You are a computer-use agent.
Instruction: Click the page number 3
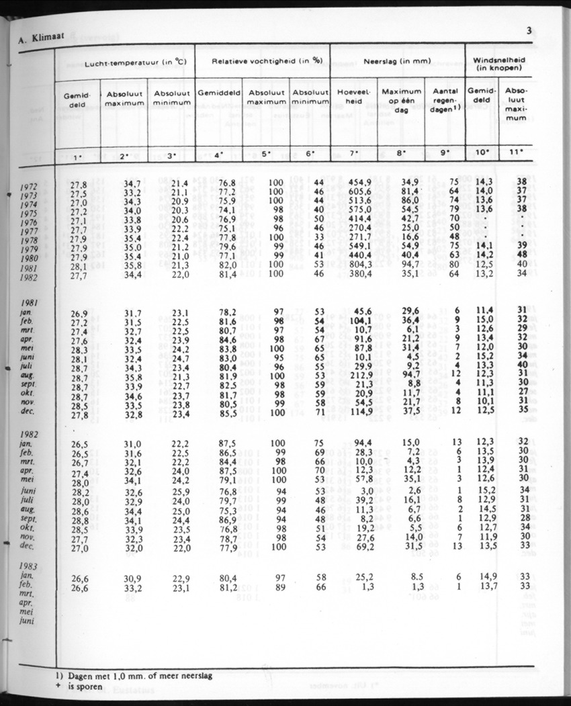point(529,29)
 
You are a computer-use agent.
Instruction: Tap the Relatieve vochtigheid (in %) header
point(263,61)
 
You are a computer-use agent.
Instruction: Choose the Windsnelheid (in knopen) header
point(500,63)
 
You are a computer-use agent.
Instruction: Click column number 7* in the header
point(354,154)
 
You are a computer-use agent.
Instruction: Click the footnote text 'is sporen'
point(85,687)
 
